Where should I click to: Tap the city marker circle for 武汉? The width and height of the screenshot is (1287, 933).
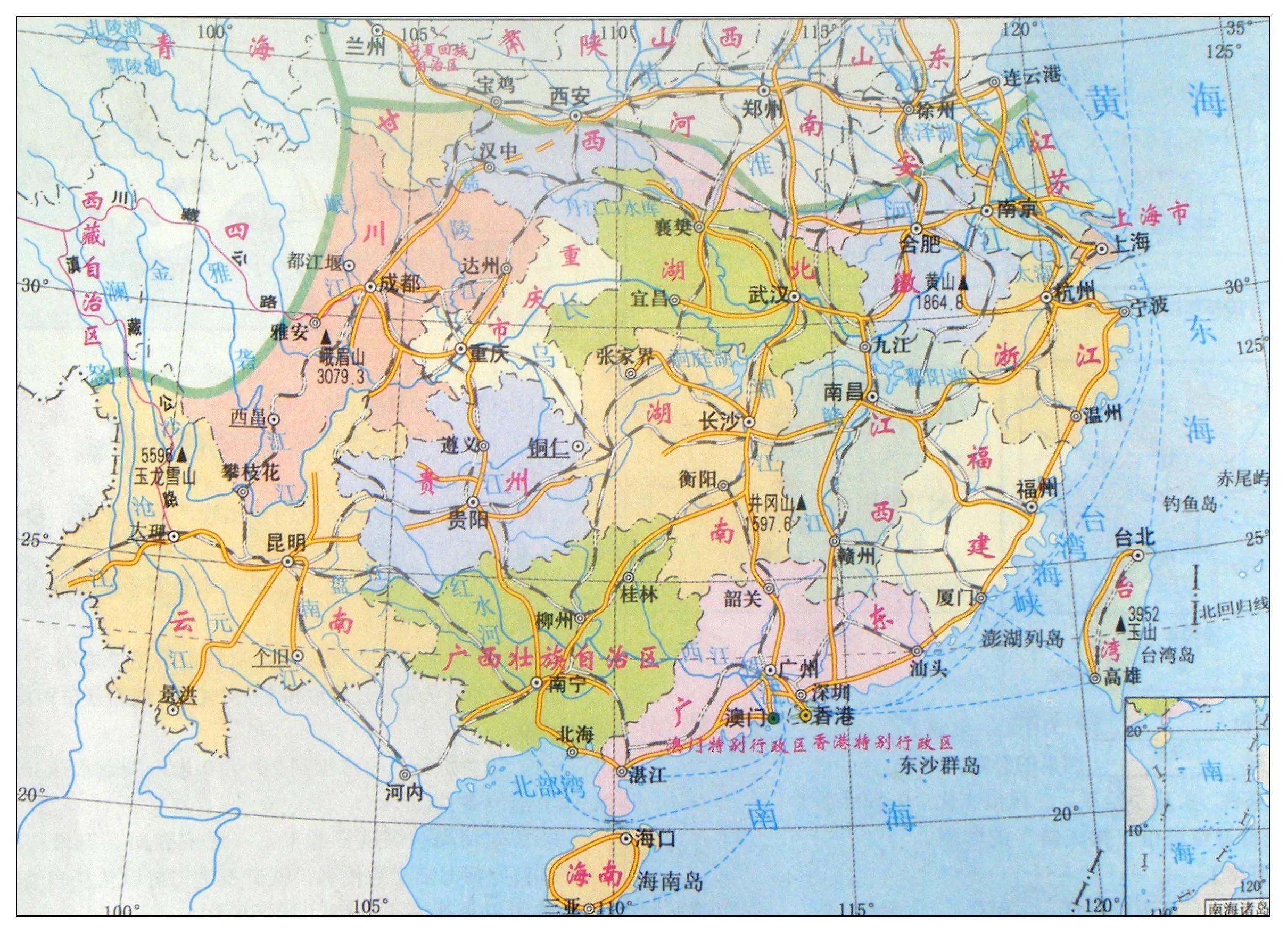pos(795,296)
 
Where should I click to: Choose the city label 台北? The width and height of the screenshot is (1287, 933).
pos(1134,537)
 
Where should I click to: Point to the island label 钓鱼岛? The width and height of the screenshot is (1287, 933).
pos(1190,503)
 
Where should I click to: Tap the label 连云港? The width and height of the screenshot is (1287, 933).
pos(1031,76)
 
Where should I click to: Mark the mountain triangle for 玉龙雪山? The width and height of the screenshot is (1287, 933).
pos(182,455)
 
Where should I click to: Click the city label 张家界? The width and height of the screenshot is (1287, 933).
pos(625,357)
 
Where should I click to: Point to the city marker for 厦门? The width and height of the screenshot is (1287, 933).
pos(981,598)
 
